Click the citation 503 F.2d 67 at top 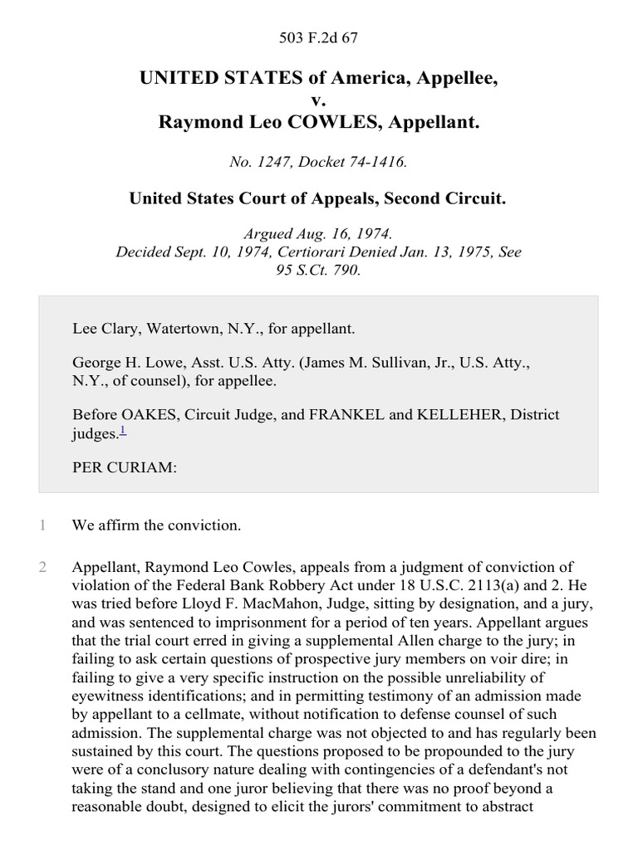319,37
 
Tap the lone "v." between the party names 319,100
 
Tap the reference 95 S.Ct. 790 319,269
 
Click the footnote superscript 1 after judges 123,429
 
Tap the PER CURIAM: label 125,467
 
